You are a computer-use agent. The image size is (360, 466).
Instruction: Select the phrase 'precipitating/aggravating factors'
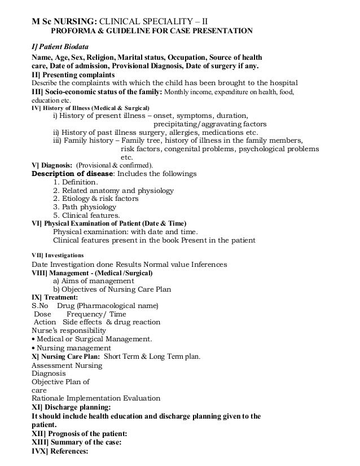tap(210, 124)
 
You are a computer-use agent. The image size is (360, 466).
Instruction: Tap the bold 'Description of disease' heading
tap(73, 174)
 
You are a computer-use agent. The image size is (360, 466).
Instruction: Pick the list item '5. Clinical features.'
tap(86, 215)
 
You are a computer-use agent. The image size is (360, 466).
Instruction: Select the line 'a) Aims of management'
tap(92, 281)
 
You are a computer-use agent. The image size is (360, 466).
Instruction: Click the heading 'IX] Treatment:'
tap(55, 297)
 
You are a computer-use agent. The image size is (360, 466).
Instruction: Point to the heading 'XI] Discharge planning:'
tap(71, 407)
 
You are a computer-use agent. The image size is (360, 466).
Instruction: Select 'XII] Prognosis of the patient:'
tap(80, 433)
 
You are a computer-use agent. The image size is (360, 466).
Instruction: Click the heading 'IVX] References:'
tap(60, 451)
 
